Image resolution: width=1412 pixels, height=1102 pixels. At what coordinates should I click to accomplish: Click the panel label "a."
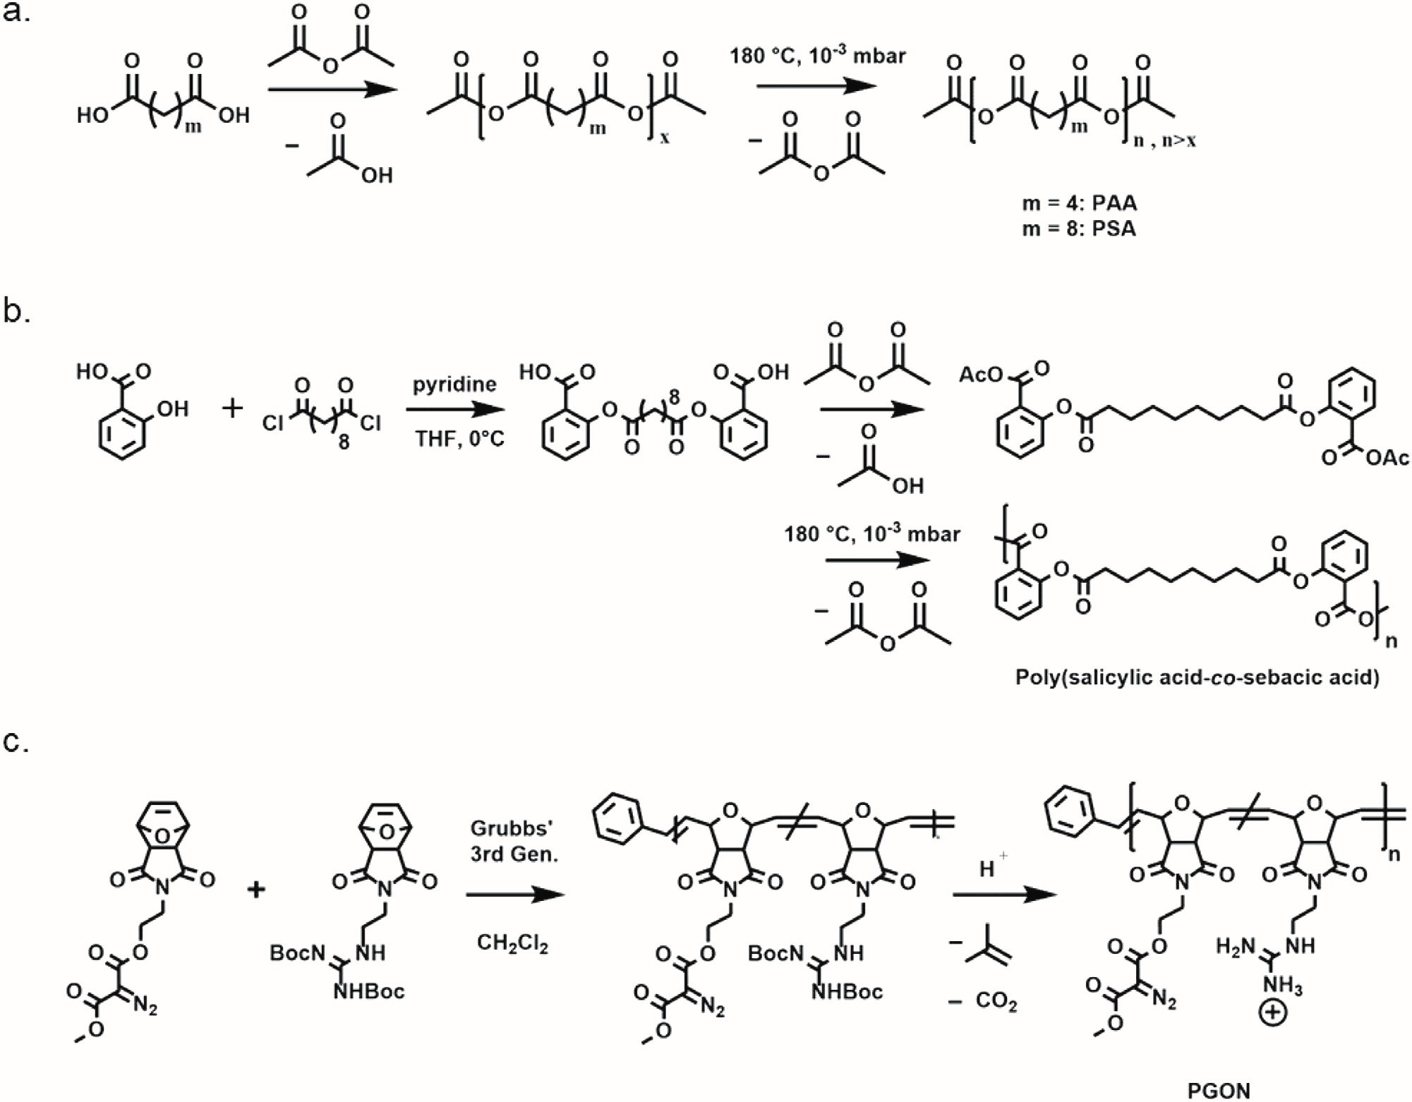(17, 12)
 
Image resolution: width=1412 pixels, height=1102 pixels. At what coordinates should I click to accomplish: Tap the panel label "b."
(17, 310)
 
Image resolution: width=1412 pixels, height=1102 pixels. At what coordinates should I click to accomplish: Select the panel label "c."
(16, 742)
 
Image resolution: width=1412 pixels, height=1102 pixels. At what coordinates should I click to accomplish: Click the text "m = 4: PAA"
(1080, 203)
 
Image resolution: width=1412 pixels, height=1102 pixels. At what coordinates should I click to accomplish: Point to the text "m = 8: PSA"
(1080, 229)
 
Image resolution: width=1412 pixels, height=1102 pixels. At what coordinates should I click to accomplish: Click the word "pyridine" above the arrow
(454, 385)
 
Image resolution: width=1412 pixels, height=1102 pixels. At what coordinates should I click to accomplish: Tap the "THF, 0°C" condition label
(459, 439)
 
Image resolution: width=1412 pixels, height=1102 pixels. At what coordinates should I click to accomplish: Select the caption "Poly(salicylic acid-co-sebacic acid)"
(1197, 677)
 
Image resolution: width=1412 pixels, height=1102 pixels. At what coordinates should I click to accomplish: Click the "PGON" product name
(1219, 1091)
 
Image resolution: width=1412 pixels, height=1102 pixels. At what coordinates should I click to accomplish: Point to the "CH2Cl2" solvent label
(512, 943)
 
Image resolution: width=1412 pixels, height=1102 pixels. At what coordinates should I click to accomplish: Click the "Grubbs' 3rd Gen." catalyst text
(514, 841)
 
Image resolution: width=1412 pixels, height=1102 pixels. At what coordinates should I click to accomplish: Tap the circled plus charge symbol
(1273, 1014)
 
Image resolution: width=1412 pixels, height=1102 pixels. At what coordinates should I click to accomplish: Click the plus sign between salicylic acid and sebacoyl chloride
(232, 408)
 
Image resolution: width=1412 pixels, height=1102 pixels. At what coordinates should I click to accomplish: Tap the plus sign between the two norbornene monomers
(256, 889)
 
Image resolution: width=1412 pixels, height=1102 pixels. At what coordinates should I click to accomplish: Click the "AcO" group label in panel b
(980, 375)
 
